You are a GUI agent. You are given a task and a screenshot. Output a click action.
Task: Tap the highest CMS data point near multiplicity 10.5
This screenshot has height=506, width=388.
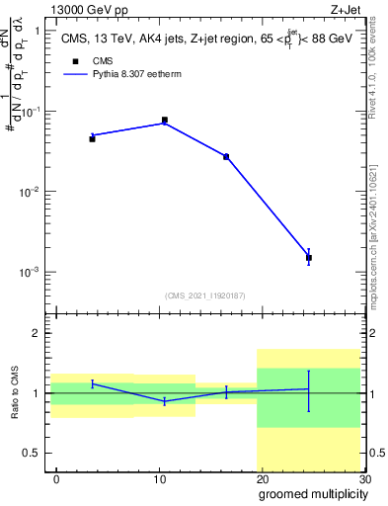[164, 121]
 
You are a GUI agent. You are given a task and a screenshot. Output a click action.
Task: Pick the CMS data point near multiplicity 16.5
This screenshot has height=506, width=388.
[226, 157]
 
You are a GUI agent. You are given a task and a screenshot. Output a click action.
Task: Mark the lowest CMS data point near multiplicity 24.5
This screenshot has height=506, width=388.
[309, 258]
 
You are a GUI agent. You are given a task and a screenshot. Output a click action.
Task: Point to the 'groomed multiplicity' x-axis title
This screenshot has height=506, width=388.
[311, 493]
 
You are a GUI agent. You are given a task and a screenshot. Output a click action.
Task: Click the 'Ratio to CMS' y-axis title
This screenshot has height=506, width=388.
[17, 393]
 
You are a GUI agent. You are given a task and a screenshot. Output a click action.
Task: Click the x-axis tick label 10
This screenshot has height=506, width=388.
[160, 478]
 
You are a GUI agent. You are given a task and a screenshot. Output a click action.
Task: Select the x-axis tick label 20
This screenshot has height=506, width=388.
[263, 478]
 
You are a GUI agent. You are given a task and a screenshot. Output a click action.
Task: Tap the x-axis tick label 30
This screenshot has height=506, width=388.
[364, 478]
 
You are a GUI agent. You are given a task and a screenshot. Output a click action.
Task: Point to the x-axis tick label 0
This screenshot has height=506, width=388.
[56, 478]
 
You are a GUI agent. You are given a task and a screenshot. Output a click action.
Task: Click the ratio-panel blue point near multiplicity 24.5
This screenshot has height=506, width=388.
[309, 389]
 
